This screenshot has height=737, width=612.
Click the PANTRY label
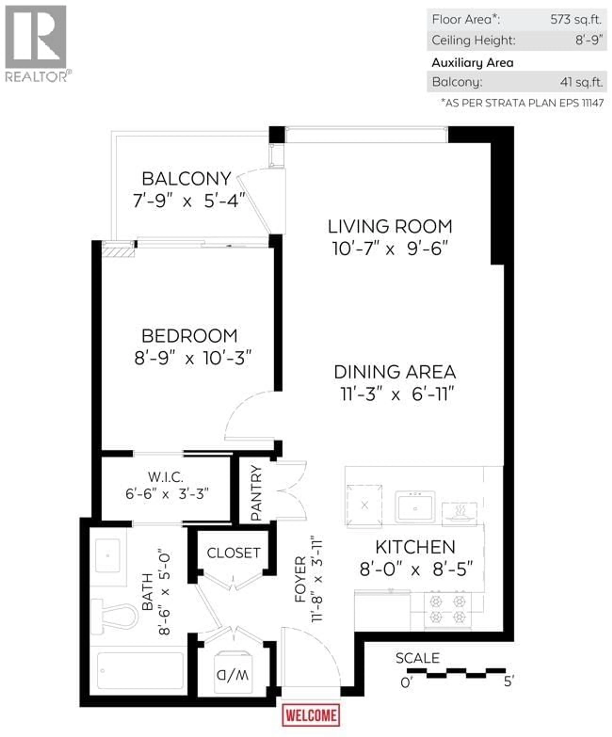pyautogui.click(x=257, y=493)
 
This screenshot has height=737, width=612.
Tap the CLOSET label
pyautogui.click(x=233, y=553)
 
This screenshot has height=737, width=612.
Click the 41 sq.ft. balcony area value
pyautogui.click(x=581, y=82)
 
